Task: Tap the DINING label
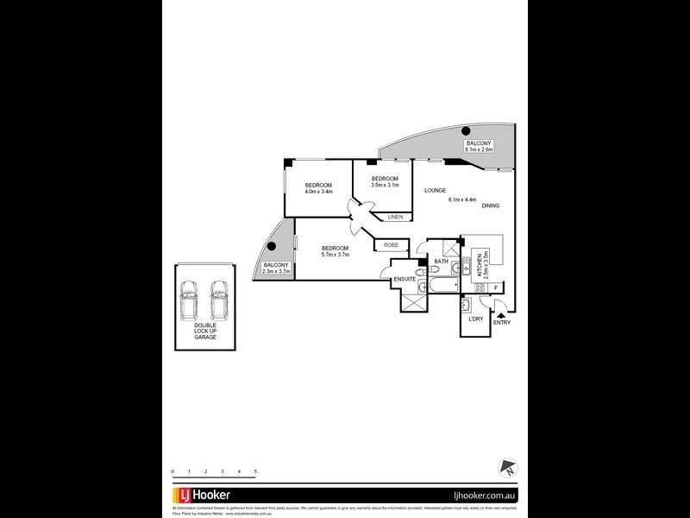(x=491, y=205)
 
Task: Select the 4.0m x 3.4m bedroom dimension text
(x=318, y=192)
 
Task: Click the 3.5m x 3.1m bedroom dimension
(x=384, y=185)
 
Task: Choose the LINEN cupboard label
(x=395, y=217)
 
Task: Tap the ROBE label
(x=391, y=245)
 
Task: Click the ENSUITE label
(x=405, y=280)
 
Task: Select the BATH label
(x=441, y=262)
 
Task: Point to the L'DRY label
(x=475, y=319)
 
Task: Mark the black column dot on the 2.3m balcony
(x=271, y=246)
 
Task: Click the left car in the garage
(x=189, y=301)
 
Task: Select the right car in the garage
(x=219, y=301)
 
